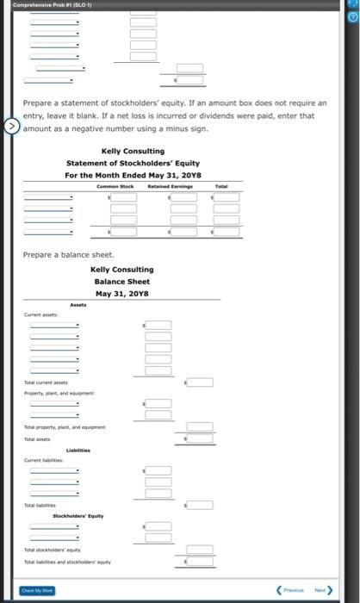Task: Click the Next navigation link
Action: [x=323, y=591]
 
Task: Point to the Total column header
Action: [x=221, y=186]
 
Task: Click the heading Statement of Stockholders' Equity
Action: [x=121, y=163]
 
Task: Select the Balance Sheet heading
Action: [x=121, y=281]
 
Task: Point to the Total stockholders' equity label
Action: [x=53, y=549]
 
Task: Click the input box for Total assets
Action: [x=200, y=438]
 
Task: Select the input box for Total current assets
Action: [x=200, y=382]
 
